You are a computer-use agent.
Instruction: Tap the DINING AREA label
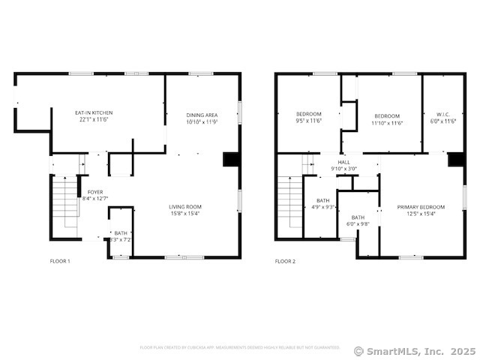(202, 114)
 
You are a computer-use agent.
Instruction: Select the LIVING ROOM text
(184, 206)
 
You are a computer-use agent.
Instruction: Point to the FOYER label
(95, 192)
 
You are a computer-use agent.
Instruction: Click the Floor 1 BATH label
(121, 233)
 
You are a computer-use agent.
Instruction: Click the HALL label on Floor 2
(343, 162)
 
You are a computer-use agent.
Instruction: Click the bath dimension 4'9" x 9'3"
(322, 207)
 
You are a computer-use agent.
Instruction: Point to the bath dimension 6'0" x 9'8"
(358, 223)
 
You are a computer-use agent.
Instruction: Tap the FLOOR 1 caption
(60, 261)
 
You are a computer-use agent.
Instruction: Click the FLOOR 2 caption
(285, 261)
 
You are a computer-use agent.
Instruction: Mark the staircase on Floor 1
(66, 202)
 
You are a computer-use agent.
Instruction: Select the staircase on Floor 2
(290, 202)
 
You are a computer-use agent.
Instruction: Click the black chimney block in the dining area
(232, 160)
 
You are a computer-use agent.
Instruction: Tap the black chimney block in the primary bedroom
(455, 160)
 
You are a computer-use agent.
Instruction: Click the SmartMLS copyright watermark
(415, 350)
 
